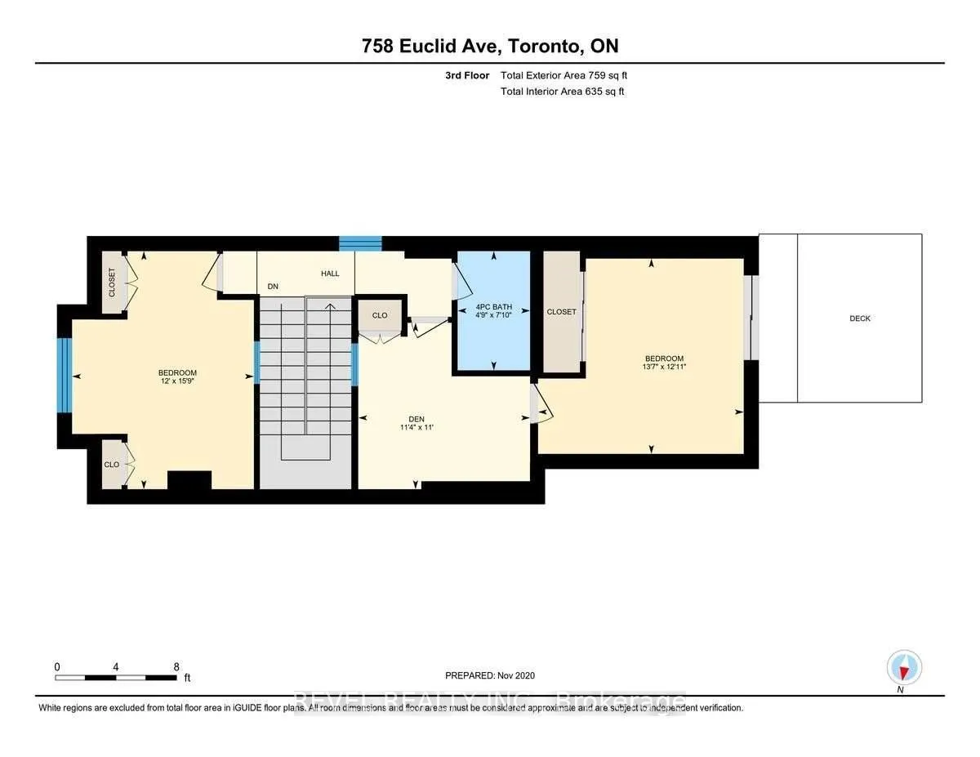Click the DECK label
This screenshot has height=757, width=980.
click(860, 318)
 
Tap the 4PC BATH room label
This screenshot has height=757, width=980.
click(494, 307)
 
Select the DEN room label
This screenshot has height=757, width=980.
click(416, 419)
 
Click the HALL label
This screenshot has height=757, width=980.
click(330, 274)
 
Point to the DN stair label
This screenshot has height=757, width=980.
click(273, 287)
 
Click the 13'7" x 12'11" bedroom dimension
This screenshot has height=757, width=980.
click(664, 367)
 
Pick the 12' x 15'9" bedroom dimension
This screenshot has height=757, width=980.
click(177, 381)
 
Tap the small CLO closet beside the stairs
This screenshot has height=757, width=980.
click(380, 315)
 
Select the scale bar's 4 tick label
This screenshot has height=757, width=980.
click(116, 667)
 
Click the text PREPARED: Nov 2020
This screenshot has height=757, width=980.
click(490, 675)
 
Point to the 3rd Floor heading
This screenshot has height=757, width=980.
click(467, 76)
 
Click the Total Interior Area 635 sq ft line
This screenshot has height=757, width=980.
click(563, 91)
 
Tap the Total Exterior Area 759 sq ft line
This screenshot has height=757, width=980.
click(563, 76)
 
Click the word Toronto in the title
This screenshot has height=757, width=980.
click(543, 46)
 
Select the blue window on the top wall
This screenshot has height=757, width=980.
click(360, 243)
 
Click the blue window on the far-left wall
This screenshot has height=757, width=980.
click(65, 375)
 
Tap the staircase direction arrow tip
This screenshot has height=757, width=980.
click(330, 305)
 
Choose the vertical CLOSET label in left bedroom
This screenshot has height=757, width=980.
click(112, 283)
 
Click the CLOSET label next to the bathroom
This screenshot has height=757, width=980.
click(562, 312)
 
